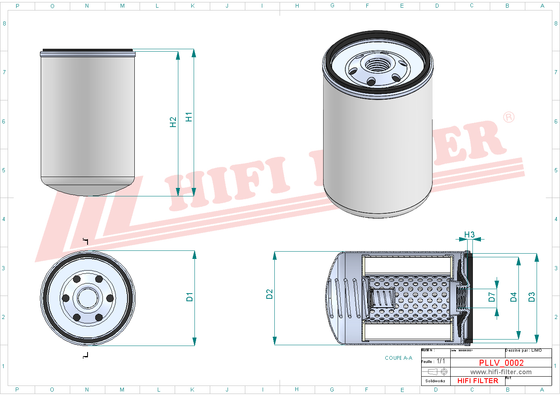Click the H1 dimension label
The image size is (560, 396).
click(188, 117)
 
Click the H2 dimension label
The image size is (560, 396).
click(173, 122)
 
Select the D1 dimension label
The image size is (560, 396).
click(189, 297)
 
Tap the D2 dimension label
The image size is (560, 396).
click(270, 294)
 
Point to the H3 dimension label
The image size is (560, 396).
click(469, 235)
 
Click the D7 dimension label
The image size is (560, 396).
click(491, 297)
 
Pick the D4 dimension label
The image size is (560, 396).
click(513, 297)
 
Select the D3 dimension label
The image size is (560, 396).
click(531, 297)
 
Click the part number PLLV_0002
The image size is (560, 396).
click(501, 363)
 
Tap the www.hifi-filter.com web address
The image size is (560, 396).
click(501, 372)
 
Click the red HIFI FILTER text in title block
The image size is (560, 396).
click(478, 381)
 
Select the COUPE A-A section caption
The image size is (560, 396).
click(398, 358)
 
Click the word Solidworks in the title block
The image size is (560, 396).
click(435, 381)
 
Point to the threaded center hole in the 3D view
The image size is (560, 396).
click(378, 65)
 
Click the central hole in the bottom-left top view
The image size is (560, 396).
click(88, 298)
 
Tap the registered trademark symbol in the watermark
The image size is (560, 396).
click(509, 117)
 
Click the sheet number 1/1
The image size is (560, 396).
click(441, 361)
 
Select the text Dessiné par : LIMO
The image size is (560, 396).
click(523, 350)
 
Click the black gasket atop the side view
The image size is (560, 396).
click(88, 50)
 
